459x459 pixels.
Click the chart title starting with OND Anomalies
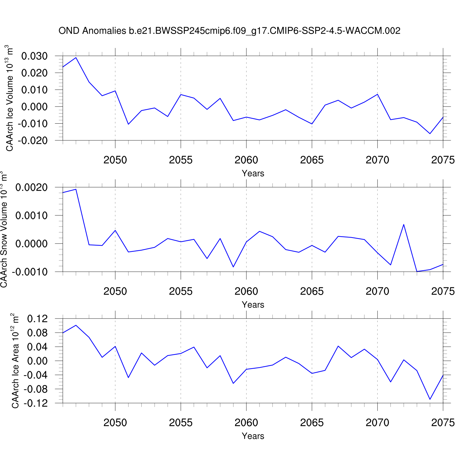click(x=229, y=31)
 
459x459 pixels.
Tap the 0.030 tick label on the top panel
click(x=34, y=56)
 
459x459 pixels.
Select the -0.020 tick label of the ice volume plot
click(x=33, y=140)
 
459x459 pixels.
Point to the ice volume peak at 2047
click(x=76, y=58)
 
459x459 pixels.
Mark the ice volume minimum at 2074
click(x=430, y=133)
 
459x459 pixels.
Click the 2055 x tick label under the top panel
click(x=181, y=160)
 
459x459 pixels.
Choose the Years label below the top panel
click(x=253, y=173)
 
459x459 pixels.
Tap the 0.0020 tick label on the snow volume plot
click(x=32, y=187)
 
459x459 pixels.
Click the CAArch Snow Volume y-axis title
click(x=4, y=229)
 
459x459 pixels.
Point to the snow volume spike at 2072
click(x=404, y=225)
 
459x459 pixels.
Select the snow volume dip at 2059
click(x=233, y=267)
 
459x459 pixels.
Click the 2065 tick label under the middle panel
click(x=312, y=291)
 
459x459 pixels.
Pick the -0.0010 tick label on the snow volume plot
click(x=30, y=272)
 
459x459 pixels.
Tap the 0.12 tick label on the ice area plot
click(x=37, y=319)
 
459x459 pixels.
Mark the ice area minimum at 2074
click(x=430, y=399)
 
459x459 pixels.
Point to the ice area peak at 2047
click(x=76, y=325)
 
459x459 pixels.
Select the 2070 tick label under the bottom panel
click(x=377, y=423)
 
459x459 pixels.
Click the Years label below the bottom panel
click(x=253, y=436)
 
